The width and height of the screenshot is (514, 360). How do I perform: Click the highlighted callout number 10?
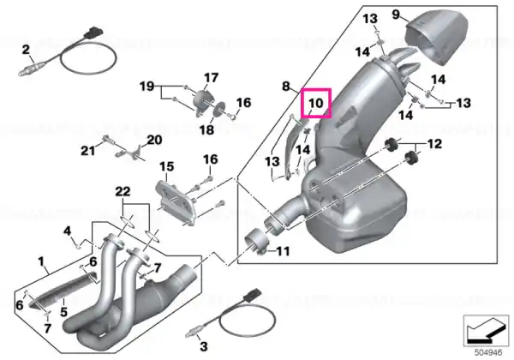(314, 104)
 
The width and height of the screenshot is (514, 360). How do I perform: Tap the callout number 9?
(397, 14)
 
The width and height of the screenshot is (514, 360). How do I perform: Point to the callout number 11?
(283, 252)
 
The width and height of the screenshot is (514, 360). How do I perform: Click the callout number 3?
(203, 346)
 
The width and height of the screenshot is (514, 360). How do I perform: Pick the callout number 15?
(166, 165)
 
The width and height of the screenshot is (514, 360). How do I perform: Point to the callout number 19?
(146, 87)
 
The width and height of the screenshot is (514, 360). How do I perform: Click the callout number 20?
(153, 140)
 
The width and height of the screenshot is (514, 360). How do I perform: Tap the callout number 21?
(87, 152)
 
